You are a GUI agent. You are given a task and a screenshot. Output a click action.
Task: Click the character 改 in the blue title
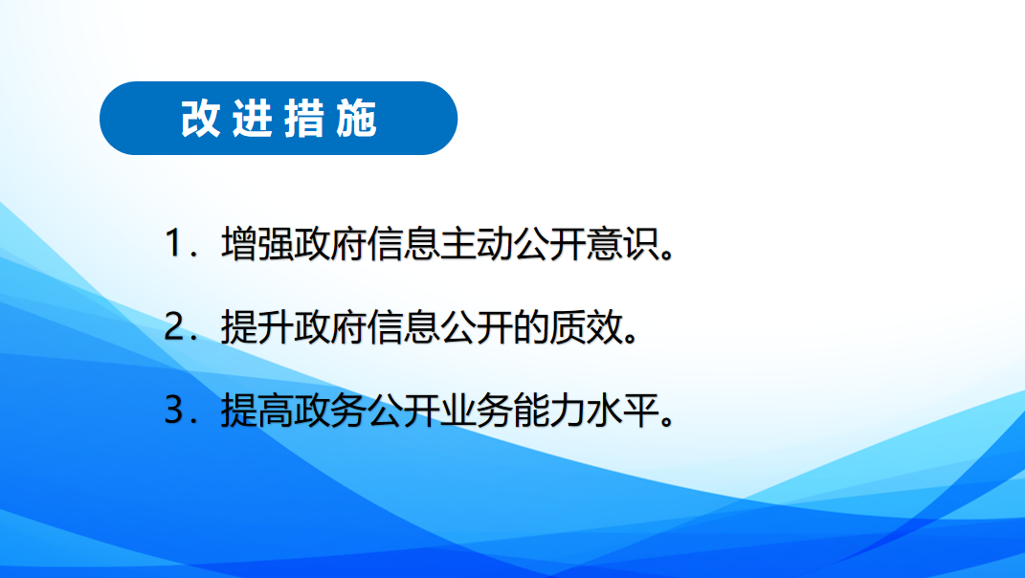[x=200, y=119]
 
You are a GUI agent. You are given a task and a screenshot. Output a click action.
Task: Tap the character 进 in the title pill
[x=253, y=119]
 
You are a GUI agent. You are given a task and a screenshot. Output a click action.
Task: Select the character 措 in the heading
[x=304, y=119]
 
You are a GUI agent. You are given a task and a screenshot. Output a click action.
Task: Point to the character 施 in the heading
[x=357, y=119]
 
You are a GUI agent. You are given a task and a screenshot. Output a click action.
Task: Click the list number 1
[x=174, y=243]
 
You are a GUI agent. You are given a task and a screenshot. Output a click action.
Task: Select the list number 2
[x=174, y=327]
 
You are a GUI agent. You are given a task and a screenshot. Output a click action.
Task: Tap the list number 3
[x=174, y=411]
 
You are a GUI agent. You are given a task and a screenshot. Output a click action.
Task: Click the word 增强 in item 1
[x=257, y=243]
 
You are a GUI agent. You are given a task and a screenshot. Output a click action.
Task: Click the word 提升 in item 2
[x=257, y=327]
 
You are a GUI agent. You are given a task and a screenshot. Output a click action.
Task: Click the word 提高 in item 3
[x=257, y=411]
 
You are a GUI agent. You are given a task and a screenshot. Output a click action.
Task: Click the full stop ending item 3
[x=667, y=421]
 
